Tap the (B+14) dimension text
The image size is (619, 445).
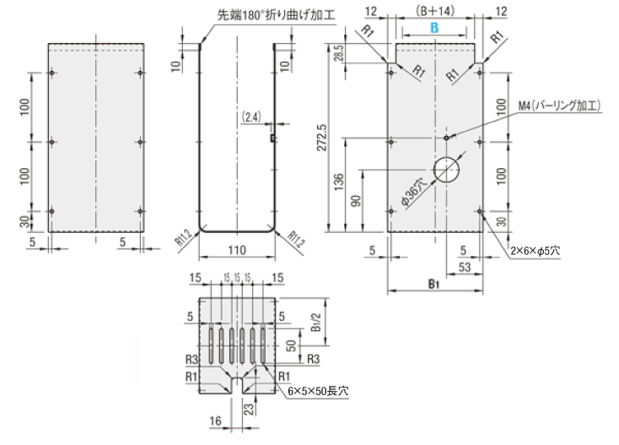coord(435,10)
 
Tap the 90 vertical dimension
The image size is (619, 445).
coord(357,198)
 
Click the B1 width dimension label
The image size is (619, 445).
coord(434,285)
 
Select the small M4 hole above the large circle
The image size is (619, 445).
coord(446,135)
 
